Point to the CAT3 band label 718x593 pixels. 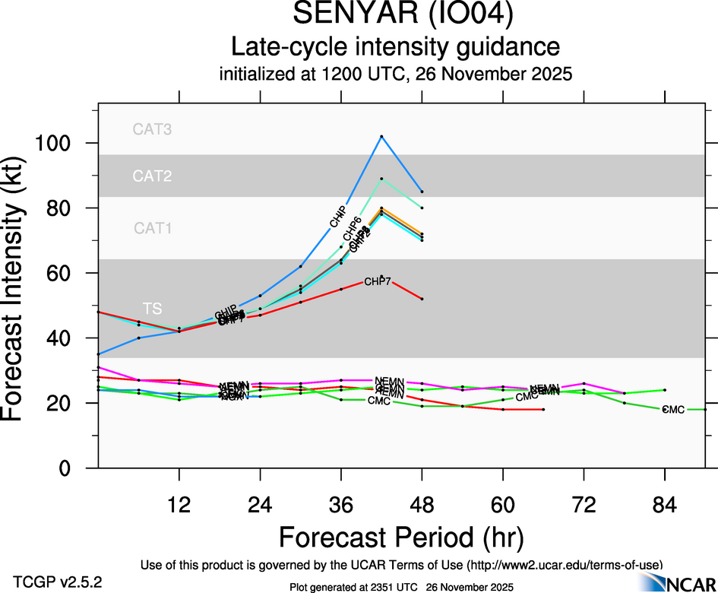click(x=152, y=129)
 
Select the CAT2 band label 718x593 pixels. click(x=152, y=176)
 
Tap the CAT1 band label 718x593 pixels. click(x=152, y=228)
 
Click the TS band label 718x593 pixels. click(x=153, y=308)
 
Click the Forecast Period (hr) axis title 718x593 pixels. click(x=401, y=537)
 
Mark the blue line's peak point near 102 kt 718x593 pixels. click(x=381, y=136)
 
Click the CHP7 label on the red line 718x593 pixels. click(x=378, y=282)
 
